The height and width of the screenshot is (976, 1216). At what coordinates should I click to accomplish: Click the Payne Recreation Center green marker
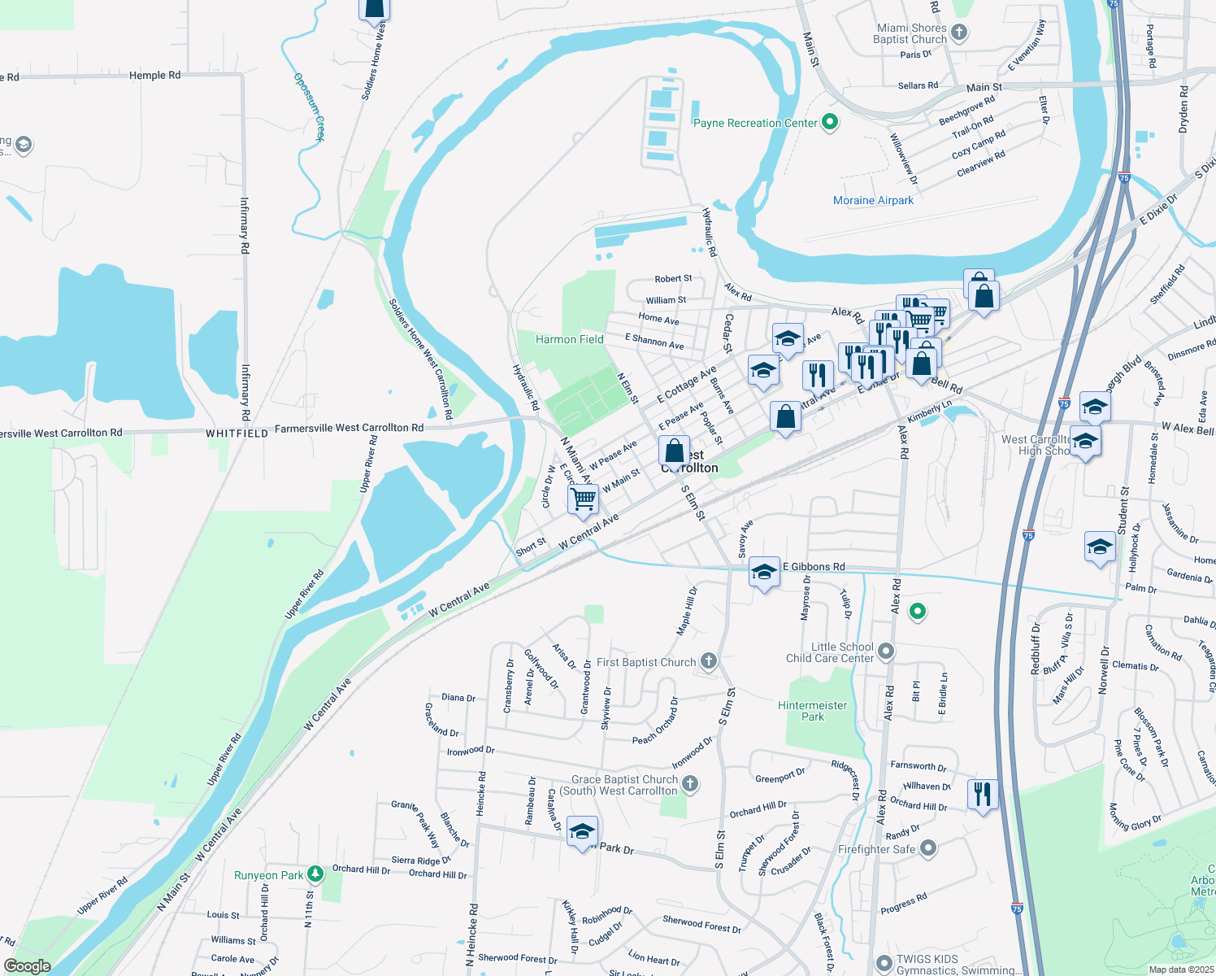830,123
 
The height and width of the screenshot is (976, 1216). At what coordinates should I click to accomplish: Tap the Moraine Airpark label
873,200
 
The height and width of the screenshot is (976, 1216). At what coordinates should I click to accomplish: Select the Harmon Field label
569,339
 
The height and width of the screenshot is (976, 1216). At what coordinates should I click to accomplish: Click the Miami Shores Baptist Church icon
959,33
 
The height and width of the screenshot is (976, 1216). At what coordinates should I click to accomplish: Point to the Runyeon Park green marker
315,874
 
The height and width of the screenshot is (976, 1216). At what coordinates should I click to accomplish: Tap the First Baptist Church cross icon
709,661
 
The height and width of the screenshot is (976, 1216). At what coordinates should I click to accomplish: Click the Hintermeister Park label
812,711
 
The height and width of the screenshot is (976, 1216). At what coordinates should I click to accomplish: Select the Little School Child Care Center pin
886,651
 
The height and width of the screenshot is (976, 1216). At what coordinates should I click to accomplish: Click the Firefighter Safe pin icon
927,848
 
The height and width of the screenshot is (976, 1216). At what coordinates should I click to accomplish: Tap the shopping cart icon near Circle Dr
584,498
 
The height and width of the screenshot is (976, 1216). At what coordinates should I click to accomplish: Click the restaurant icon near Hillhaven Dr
983,793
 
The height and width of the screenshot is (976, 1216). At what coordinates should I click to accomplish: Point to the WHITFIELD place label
237,434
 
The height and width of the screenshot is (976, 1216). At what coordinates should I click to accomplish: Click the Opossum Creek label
310,107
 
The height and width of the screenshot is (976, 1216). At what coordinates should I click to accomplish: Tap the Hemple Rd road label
154,75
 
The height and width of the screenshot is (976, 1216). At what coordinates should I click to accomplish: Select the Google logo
27,966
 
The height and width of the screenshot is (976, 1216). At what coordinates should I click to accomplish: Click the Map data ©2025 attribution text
1181,969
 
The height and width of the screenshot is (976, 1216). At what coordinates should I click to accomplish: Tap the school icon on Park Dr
582,831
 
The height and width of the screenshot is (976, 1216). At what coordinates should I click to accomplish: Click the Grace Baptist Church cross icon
690,784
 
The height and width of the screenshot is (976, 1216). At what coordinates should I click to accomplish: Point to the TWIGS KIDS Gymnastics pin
884,964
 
